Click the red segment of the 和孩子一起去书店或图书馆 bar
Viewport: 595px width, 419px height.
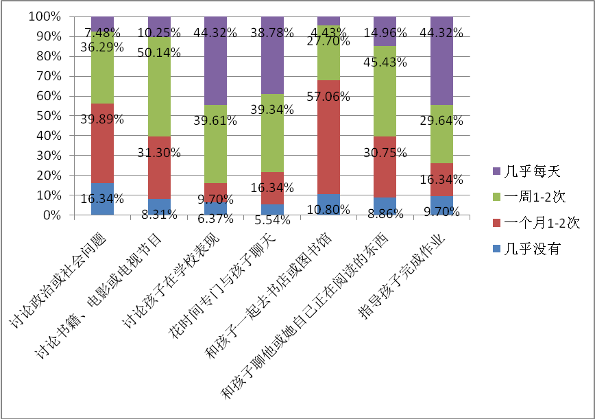(x=328, y=137)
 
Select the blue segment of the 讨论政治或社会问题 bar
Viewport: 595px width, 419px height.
(x=102, y=200)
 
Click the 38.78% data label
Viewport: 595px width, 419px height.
(x=271, y=32)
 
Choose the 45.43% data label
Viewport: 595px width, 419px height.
(x=385, y=62)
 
